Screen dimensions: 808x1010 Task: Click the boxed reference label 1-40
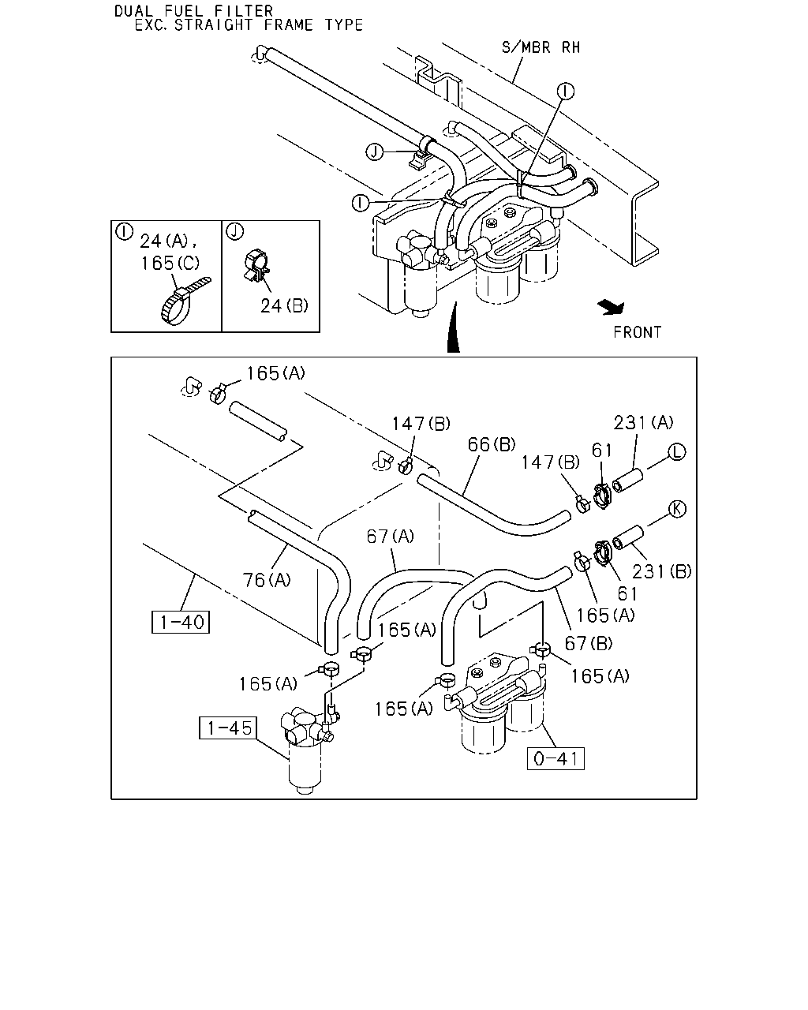(180, 622)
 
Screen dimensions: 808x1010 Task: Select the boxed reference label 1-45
(228, 728)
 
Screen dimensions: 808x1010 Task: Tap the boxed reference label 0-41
(555, 758)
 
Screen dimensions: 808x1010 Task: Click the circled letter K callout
(677, 509)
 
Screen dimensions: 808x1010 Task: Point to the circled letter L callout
(677, 451)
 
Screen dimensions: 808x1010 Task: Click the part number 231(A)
(643, 422)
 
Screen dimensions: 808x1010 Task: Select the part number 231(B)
(661, 571)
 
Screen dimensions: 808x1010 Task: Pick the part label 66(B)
(492, 444)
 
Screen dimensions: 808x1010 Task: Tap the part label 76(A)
(267, 580)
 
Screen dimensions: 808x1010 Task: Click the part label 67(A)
(390, 536)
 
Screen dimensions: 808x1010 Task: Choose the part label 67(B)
(589, 643)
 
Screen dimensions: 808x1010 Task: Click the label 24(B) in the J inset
(284, 306)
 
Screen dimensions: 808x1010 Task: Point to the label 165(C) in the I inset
(170, 263)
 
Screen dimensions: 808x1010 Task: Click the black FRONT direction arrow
(612, 308)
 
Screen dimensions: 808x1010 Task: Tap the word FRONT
(637, 332)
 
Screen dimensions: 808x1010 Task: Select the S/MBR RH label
(541, 47)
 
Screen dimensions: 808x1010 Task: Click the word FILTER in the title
(244, 11)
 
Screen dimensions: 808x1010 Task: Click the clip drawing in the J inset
(256, 266)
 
